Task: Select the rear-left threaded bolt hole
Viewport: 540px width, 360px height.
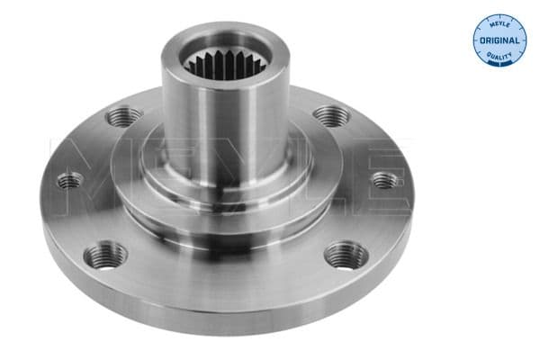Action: tap(125, 116)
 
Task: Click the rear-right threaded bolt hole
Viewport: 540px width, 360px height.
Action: tap(330, 116)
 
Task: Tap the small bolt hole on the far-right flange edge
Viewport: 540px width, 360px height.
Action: tap(385, 180)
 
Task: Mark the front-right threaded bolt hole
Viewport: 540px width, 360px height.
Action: tap(346, 255)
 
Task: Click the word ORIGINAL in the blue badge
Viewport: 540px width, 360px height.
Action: tap(499, 41)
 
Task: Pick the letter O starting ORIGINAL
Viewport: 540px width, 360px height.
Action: tap(481, 41)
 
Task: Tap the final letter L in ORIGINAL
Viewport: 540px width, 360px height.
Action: tap(517, 41)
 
